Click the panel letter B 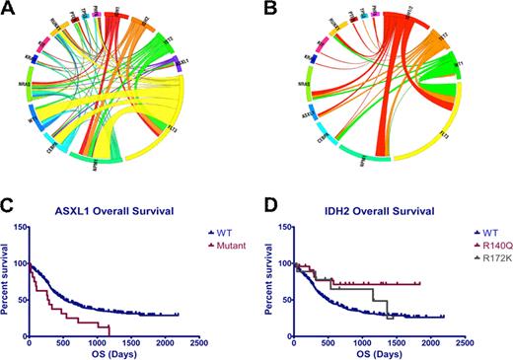tap(270, 9)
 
